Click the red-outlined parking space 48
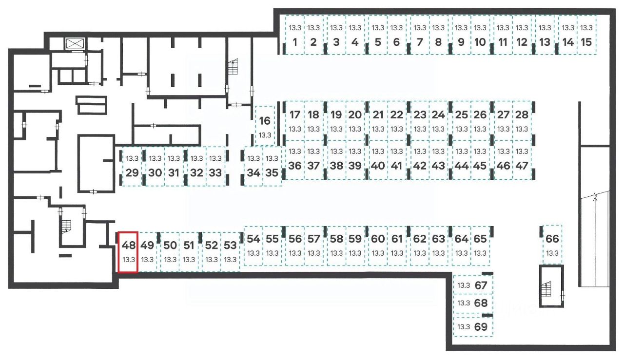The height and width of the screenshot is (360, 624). [129, 251]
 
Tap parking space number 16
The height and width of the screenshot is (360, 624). [265, 126]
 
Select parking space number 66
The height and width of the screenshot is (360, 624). [552, 244]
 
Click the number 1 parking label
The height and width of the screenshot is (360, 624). [294, 42]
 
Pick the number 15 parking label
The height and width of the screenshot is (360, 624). [587, 42]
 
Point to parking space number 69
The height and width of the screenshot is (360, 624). [473, 327]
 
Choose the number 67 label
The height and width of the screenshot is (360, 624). [481, 285]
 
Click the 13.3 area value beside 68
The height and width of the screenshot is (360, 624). [464, 303]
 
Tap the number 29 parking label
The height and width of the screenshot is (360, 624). [132, 172]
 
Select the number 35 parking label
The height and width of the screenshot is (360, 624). [272, 172]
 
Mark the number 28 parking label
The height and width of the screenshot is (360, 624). [522, 115]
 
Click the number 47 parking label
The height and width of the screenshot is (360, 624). [522, 165]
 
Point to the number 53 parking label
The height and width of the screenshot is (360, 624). [231, 245]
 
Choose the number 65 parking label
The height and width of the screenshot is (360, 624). [480, 239]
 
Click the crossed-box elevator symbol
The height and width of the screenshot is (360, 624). [75, 43]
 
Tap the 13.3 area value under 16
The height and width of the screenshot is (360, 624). [265, 135]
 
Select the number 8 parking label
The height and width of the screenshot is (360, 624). [438, 42]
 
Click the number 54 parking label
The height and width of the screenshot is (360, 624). [253, 239]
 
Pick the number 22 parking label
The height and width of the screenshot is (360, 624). [397, 115]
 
